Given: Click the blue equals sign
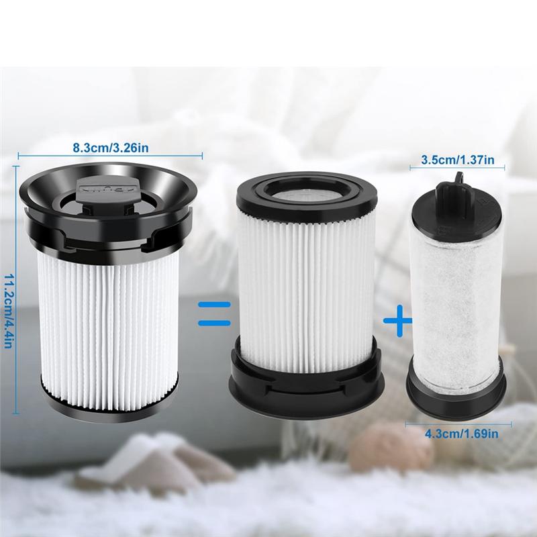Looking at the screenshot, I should click(214, 313).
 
